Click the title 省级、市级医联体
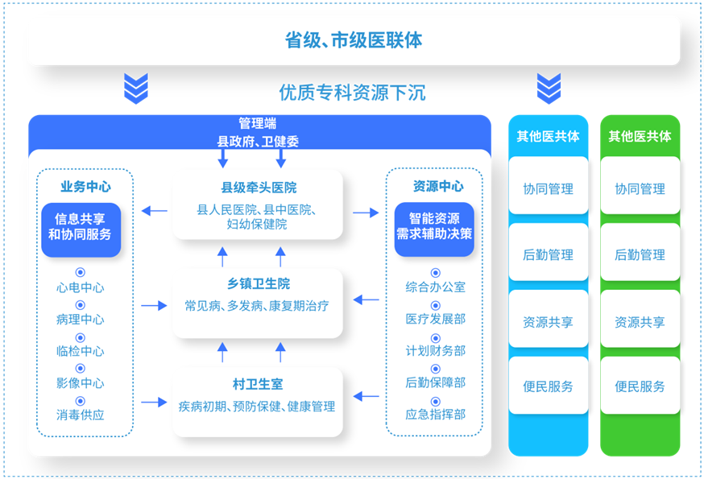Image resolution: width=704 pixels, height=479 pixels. point(354,40)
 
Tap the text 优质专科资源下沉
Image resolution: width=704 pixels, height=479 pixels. point(352,93)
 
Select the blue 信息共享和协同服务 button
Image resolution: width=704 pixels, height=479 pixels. point(81,230)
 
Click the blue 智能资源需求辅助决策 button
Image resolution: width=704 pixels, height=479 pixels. point(434,229)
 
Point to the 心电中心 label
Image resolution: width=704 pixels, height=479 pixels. point(81,287)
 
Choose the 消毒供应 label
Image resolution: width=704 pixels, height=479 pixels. point(81,415)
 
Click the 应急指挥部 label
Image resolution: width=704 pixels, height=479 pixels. point(436,414)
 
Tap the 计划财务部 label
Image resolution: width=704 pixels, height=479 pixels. point(436,351)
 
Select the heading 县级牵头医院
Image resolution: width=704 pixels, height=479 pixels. point(259,188)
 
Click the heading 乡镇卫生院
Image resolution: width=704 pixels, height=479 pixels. point(259,283)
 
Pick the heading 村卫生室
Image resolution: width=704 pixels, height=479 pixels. point(258,384)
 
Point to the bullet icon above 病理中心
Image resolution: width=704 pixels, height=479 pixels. point(81,305)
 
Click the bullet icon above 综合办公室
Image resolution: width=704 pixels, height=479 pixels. point(436,273)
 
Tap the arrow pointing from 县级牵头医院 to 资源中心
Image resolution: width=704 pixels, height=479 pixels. point(366,213)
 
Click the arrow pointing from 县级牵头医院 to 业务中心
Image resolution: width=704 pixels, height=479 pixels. point(155,211)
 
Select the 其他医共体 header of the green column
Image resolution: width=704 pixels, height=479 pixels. point(640,136)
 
